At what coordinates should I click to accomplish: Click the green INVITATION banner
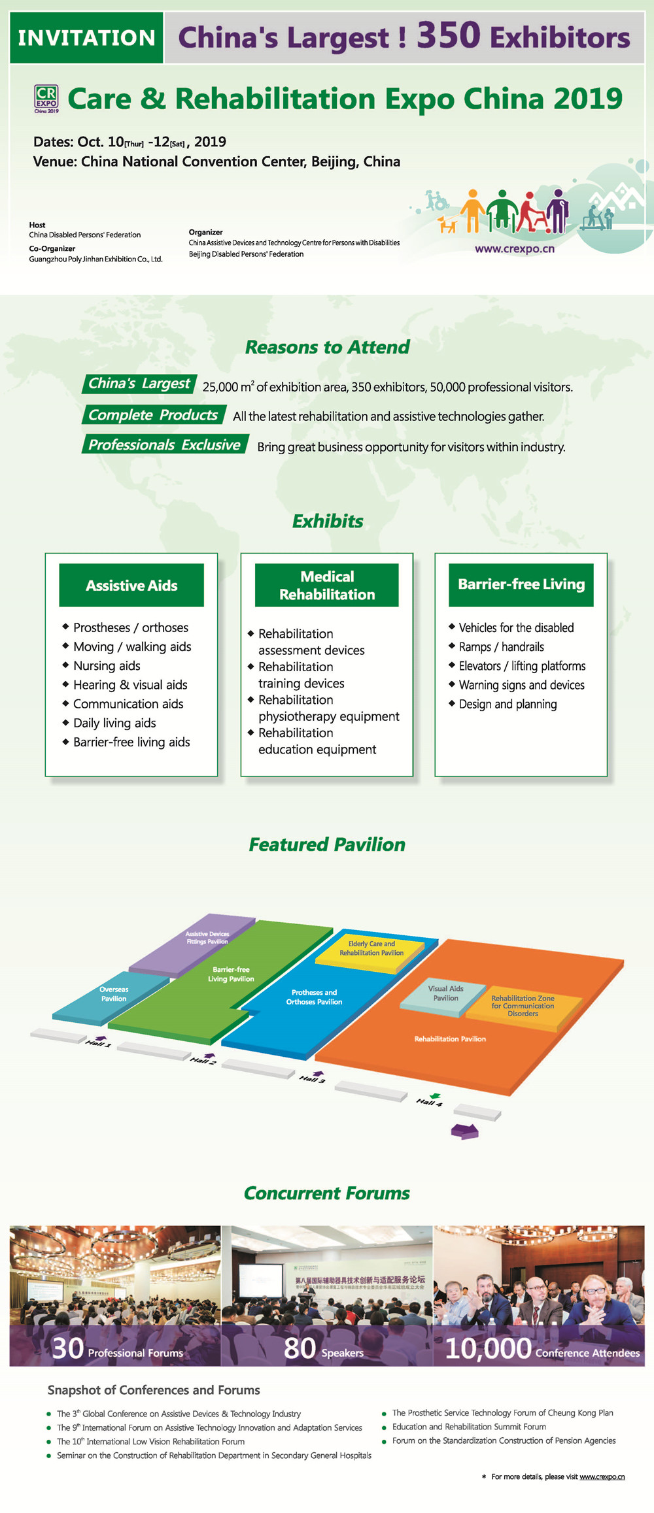[86, 38]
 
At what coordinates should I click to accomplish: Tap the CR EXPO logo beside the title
[46, 99]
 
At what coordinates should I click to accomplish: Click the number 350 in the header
[449, 35]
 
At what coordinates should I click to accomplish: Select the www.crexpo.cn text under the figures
[514, 249]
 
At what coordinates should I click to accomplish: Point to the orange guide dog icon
[447, 224]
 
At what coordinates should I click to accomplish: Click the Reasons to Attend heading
[327, 347]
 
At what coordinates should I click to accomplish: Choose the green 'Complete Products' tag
[153, 415]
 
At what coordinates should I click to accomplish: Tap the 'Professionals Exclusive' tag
[165, 444]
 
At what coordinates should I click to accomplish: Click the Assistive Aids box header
[131, 586]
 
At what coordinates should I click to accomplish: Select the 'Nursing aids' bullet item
[107, 665]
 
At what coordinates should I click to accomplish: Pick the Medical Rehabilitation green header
[327, 586]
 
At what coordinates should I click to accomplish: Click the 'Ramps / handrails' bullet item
[501, 646]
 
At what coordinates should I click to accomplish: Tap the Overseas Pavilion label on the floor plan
[114, 994]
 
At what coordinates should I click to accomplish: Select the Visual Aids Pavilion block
[445, 993]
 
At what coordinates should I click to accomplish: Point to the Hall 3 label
[312, 1079]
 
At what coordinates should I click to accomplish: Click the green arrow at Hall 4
[434, 1096]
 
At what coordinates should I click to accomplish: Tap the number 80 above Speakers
[300, 1348]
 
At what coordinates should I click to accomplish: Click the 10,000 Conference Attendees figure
[488, 1349]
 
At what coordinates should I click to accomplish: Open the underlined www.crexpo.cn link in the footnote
[602, 1476]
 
